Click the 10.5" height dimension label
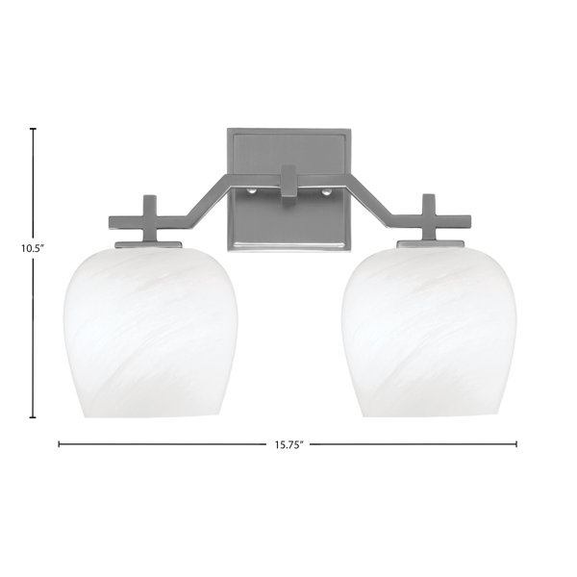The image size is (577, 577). pos(33,248)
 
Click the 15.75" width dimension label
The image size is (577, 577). pos(288,444)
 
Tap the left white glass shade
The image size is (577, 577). pos(151,333)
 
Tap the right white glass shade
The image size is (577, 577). pos(429,333)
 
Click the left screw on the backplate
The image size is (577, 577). pos(251,191)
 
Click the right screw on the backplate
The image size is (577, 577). pos(325,191)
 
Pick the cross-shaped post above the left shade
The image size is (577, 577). pos(149,219)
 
